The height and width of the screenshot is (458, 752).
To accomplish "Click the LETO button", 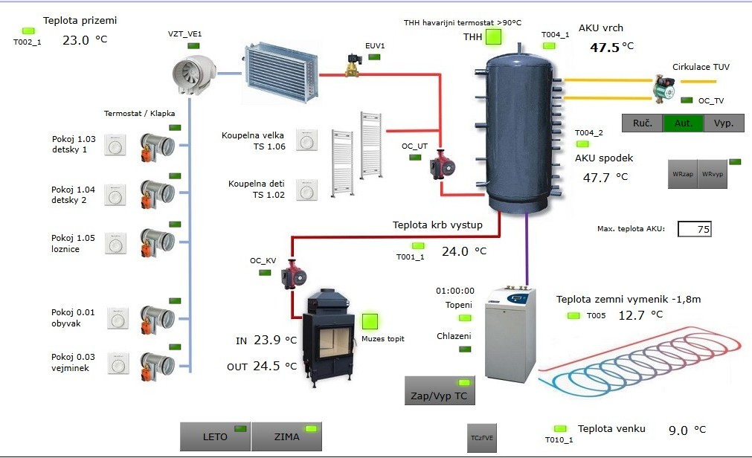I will [215, 436].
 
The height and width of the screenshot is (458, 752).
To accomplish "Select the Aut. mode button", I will [683, 123].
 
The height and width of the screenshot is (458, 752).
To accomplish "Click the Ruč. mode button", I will [642, 123].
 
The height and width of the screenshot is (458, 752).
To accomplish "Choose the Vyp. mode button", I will [724, 123].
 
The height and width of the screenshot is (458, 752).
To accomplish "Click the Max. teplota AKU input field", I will [694, 230].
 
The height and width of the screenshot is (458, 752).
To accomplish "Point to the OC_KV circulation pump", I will [292, 276].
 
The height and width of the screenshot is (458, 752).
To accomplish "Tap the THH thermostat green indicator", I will [494, 36].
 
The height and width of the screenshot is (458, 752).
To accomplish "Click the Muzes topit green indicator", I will [370, 322].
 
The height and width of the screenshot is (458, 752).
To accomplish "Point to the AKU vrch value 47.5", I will [605, 47].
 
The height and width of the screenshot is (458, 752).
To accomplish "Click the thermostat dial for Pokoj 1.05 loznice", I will [115, 245].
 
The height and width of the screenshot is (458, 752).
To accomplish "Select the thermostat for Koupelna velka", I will [306, 140].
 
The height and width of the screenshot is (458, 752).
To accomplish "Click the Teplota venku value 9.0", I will [678, 430].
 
